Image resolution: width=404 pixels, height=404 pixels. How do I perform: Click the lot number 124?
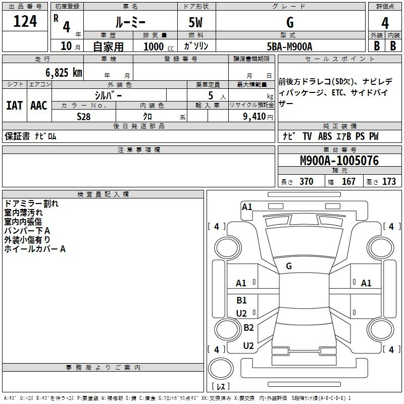(25, 21)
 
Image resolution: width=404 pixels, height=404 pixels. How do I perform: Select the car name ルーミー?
(130, 22)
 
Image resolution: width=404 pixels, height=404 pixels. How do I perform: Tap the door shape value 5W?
(195, 22)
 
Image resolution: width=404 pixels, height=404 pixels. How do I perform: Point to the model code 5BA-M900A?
(289, 46)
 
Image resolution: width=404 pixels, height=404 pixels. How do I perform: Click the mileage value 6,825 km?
(64, 73)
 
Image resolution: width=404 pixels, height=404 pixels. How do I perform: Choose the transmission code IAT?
(15, 106)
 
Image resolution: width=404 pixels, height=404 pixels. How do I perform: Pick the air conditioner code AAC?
(39, 106)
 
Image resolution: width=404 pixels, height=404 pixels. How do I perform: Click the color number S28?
(84, 117)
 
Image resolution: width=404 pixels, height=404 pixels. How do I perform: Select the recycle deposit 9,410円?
(258, 117)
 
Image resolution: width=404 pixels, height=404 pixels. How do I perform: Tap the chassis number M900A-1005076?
(339, 161)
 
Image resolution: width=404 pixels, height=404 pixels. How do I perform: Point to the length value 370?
(307, 181)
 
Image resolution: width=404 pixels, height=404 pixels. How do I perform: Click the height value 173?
(389, 181)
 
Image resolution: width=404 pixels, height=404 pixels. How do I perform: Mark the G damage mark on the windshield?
(289, 266)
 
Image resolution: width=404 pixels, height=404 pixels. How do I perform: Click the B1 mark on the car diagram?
(241, 300)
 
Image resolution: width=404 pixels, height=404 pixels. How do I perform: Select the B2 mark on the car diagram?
(248, 327)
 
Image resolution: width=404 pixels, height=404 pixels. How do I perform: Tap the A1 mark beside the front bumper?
(247, 207)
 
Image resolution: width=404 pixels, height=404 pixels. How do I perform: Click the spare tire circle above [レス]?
(221, 369)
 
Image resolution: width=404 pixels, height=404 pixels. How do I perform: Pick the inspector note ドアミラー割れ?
(31, 204)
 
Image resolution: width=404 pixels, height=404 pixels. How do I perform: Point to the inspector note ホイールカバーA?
(35, 249)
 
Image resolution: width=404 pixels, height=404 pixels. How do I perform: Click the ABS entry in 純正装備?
(325, 136)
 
